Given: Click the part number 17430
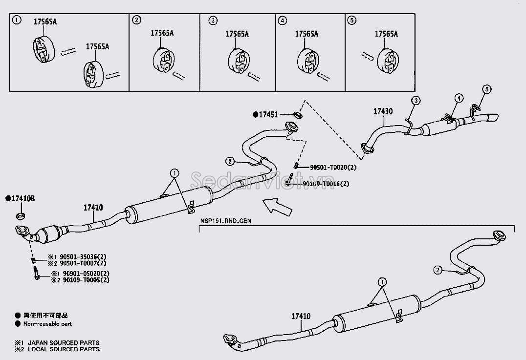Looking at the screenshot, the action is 383,111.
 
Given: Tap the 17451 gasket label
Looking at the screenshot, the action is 268,115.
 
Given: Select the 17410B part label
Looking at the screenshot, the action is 23,199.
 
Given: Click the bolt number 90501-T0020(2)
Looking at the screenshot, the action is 333,167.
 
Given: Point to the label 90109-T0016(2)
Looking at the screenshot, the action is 326,184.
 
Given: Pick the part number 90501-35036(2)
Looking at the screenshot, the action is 83,257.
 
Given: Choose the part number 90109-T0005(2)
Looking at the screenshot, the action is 86,280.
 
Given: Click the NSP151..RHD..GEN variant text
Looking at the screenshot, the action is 226,221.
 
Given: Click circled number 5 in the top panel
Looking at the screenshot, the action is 351,21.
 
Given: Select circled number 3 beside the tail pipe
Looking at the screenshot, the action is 416,100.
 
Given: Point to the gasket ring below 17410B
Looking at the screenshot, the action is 21,216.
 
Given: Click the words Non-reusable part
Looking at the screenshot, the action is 47,324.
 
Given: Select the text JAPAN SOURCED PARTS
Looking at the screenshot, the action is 64,343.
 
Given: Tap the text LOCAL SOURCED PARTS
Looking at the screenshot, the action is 64,349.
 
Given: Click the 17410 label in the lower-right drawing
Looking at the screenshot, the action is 301,316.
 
